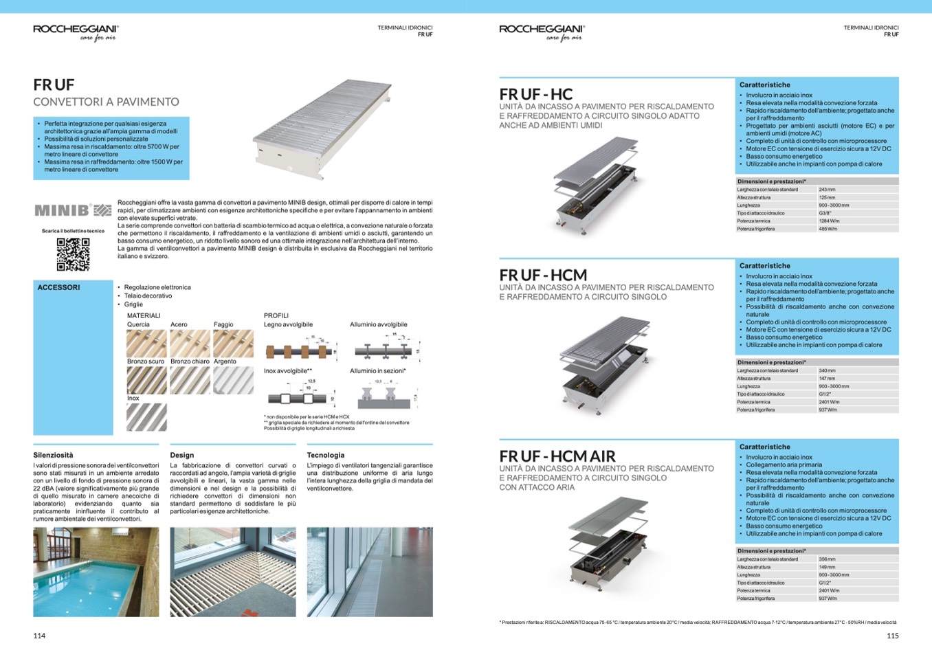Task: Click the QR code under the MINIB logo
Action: click(73, 254)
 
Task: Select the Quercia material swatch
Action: click(146, 343)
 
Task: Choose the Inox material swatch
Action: click(146, 416)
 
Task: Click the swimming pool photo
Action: click(96, 572)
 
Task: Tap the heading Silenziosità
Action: click(53, 455)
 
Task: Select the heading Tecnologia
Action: click(326, 455)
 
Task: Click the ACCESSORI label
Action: click(58, 287)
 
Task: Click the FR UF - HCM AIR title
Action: click(557, 456)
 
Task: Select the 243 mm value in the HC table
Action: click(827, 190)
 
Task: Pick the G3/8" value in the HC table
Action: click(825, 213)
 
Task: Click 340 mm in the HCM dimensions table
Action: click(827, 370)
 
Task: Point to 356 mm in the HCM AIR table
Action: click(827, 559)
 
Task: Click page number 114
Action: click(39, 636)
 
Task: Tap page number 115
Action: click(892, 636)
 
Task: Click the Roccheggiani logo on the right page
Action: click(542, 31)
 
